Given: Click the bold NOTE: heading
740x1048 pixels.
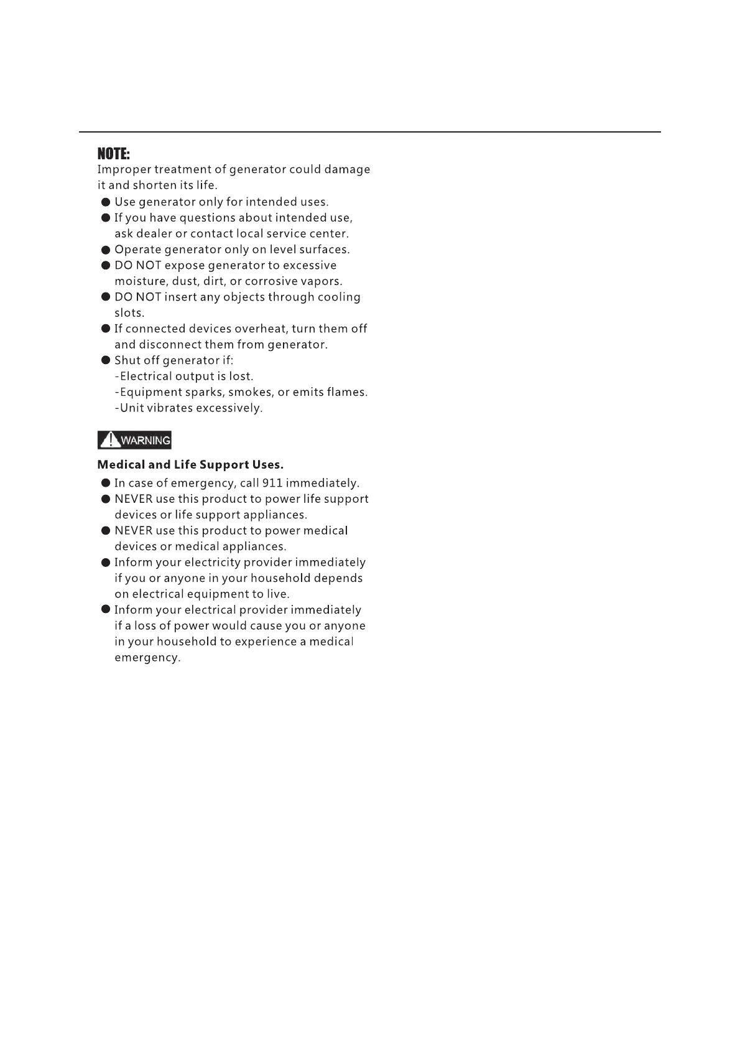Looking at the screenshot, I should pos(113,154).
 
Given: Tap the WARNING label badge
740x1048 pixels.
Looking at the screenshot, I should pos(134,441).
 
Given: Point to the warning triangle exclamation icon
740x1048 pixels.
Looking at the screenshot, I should pos(110,441).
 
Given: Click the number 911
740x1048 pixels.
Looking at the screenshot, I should pos(272,484).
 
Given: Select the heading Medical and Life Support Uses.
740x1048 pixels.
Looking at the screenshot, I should pos(190,465).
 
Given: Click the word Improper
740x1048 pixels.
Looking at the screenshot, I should pos(124,170).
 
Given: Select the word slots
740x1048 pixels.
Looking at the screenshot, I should pos(129,313).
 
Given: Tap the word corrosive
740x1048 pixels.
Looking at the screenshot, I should pos(271,281).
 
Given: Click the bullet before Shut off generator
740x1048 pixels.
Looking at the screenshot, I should pos(106,360).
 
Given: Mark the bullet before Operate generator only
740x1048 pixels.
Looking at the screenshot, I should pos(106,250).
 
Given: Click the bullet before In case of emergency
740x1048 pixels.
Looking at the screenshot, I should pos(106,484).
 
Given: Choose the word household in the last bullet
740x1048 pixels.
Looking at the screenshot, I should pos(186,642).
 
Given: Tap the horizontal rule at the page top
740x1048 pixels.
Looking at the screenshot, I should pos(369,132).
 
